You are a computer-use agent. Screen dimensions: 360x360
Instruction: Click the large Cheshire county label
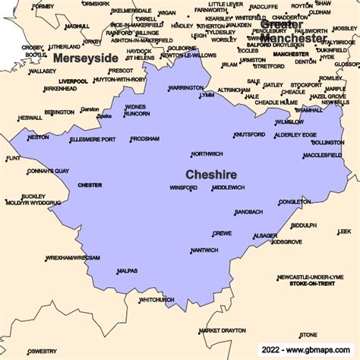(x=211, y=174)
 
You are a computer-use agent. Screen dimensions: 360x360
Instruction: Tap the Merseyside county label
(x=85, y=57)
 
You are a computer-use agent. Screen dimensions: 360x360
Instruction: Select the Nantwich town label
(x=204, y=250)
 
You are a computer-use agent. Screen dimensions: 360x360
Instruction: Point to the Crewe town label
(x=222, y=233)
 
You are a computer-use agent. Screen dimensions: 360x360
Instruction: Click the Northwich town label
(x=207, y=153)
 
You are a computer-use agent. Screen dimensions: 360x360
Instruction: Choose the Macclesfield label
(x=322, y=155)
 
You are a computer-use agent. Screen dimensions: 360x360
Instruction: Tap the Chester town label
(x=90, y=185)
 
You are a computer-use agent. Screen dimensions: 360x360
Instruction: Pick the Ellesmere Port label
(x=92, y=140)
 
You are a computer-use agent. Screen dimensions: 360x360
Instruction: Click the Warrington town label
(x=185, y=88)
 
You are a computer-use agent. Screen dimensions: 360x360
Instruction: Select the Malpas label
(x=127, y=271)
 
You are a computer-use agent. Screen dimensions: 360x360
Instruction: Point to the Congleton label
(x=295, y=202)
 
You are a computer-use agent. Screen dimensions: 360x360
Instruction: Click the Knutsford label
(x=249, y=134)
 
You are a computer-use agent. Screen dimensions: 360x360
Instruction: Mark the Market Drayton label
(x=223, y=330)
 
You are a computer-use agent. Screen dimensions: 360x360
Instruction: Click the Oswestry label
(x=42, y=351)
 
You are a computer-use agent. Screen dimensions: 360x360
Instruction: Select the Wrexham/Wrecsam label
(x=73, y=257)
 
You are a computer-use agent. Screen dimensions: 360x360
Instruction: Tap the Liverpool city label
(x=73, y=81)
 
